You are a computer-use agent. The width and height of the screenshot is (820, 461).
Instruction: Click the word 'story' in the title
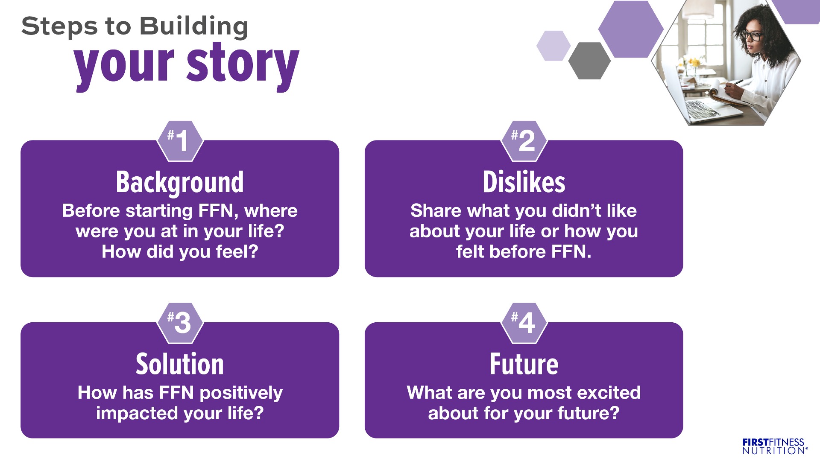pyautogui.click(x=243, y=65)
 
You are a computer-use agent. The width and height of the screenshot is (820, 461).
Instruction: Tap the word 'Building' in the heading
pyautogui.click(x=194, y=26)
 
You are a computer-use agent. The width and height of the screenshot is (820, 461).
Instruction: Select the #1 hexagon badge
pyautogui.click(x=180, y=141)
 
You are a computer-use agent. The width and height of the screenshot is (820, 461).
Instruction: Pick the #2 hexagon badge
pyautogui.click(x=524, y=141)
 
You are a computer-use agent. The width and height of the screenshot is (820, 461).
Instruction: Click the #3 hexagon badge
pyautogui.click(x=180, y=323)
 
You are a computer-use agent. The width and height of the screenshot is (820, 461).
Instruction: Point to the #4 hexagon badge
pyautogui.click(x=524, y=323)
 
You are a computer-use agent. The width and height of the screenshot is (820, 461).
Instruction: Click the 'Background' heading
pyautogui.click(x=180, y=183)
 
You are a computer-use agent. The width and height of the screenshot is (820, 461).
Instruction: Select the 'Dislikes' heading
pyautogui.click(x=524, y=182)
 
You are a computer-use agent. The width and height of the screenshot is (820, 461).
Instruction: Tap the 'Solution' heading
pyautogui.click(x=180, y=364)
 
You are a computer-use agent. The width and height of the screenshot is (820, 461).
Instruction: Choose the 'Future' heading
pyautogui.click(x=524, y=364)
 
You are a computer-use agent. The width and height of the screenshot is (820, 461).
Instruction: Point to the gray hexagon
pyautogui.click(x=589, y=61)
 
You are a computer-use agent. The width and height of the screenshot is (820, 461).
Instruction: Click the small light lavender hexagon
pyautogui.click(x=553, y=46)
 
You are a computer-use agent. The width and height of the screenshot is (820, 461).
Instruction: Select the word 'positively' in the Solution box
pyautogui.click(x=241, y=393)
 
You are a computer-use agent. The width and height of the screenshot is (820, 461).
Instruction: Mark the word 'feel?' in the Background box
pyautogui.click(x=237, y=252)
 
